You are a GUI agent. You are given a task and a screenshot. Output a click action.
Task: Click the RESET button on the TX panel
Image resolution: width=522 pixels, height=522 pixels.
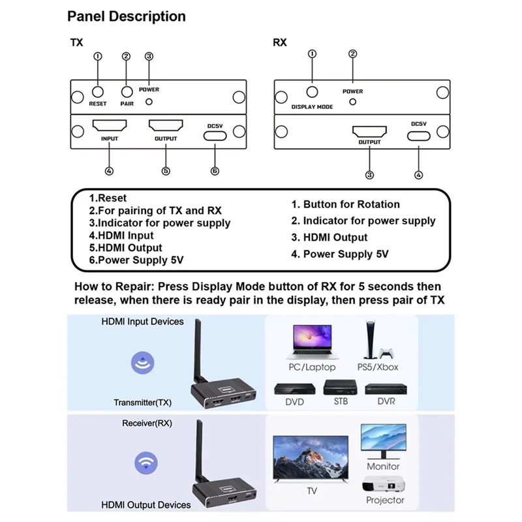tap(98, 92)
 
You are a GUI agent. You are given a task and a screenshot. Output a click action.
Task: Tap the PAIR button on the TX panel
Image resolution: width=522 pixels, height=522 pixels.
tap(126, 92)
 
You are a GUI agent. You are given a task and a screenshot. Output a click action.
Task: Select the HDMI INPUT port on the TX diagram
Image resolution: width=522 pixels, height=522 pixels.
tap(109, 125)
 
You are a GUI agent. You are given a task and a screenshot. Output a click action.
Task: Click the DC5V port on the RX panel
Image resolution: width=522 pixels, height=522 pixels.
tap(418, 136)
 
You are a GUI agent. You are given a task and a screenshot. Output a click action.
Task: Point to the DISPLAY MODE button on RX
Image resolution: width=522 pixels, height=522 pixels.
tap(312, 93)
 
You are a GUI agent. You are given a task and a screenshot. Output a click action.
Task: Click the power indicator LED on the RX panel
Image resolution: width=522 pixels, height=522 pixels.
tap(353, 102)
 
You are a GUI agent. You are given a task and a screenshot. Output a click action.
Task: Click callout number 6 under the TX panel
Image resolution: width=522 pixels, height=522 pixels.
tap(215, 171)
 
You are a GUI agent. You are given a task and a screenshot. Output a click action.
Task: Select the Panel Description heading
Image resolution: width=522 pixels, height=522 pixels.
tap(127, 16)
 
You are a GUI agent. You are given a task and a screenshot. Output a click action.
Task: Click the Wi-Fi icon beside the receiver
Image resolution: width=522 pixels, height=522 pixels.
tap(146, 463)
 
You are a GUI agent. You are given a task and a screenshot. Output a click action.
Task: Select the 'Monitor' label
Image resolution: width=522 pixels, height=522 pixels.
tap(383, 467)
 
